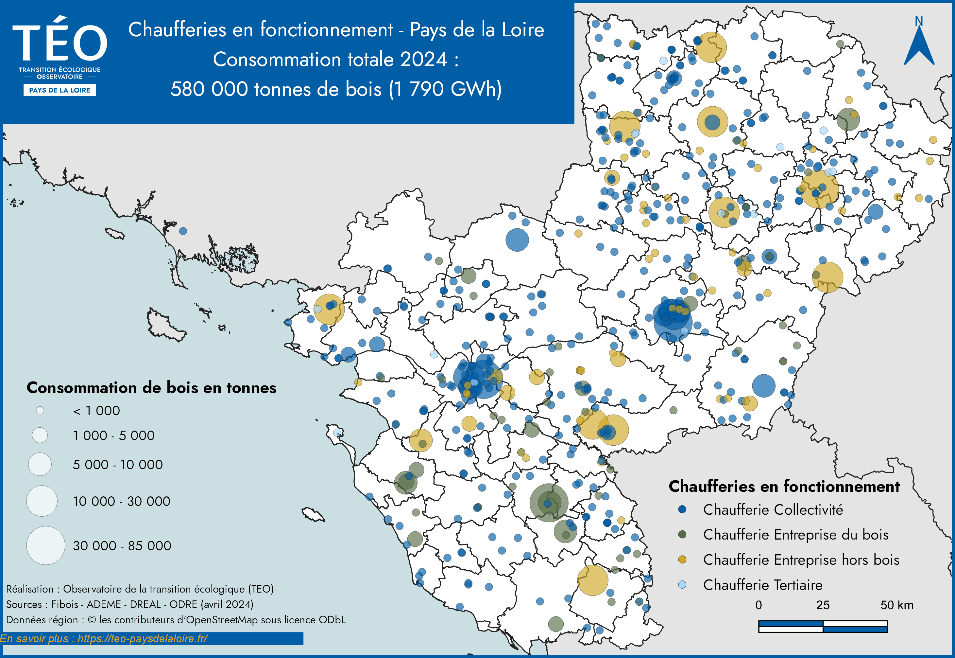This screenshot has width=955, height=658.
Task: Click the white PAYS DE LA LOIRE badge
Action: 60,90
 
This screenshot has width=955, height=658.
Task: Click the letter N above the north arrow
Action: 919,22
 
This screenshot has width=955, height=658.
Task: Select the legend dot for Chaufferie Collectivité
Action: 682,509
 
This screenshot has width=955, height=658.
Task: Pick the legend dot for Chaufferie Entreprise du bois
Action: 682,534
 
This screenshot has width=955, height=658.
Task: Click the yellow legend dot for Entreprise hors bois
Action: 682,560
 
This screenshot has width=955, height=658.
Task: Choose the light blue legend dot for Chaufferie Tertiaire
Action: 682,585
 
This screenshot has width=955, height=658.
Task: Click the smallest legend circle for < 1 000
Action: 40,410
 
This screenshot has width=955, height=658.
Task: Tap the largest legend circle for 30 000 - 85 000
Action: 46,545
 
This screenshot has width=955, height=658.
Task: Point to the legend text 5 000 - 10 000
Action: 118,465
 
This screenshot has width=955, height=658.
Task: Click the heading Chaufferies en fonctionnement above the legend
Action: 784,486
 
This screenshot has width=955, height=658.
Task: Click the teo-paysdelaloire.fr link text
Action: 142,639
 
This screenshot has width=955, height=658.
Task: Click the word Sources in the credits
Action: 24,604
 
